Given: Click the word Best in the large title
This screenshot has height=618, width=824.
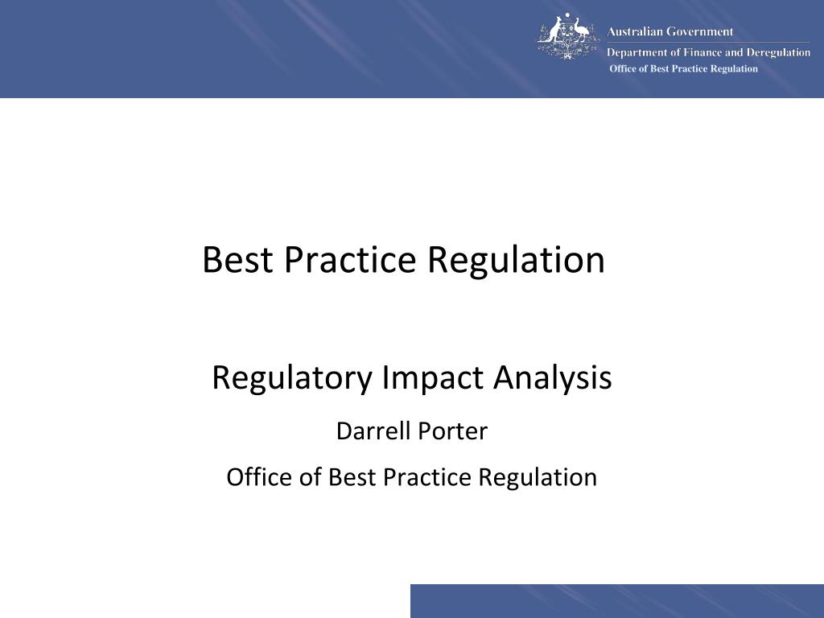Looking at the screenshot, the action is tap(237, 259).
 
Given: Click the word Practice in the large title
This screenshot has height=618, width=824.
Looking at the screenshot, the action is tap(350, 259).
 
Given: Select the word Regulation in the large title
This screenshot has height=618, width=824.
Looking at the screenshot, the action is tap(516, 261).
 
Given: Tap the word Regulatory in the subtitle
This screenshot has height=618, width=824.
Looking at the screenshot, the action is tap(292, 378).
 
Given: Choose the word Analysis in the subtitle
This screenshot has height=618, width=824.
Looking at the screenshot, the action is tap(552, 378).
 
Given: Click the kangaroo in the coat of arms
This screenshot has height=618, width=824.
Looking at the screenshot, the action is tap(550, 31).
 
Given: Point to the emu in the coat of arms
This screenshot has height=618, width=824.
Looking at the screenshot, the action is tap(582, 31).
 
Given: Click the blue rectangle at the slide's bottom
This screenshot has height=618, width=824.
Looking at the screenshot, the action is tap(617, 600).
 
